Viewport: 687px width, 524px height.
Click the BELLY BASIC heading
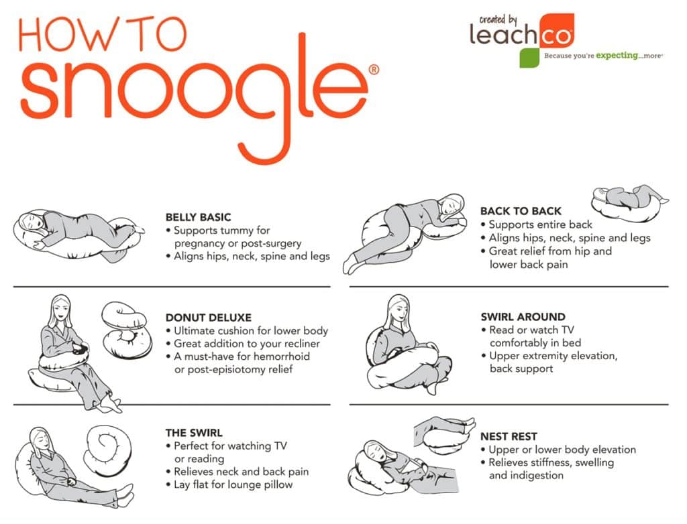198,217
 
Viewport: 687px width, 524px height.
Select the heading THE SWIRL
194,433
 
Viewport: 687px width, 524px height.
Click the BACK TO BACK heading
521,211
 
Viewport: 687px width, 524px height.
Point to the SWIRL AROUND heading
523,317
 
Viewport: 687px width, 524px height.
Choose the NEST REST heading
509,436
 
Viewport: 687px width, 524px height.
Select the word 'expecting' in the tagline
616,56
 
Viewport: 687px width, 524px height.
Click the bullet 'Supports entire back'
540,224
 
